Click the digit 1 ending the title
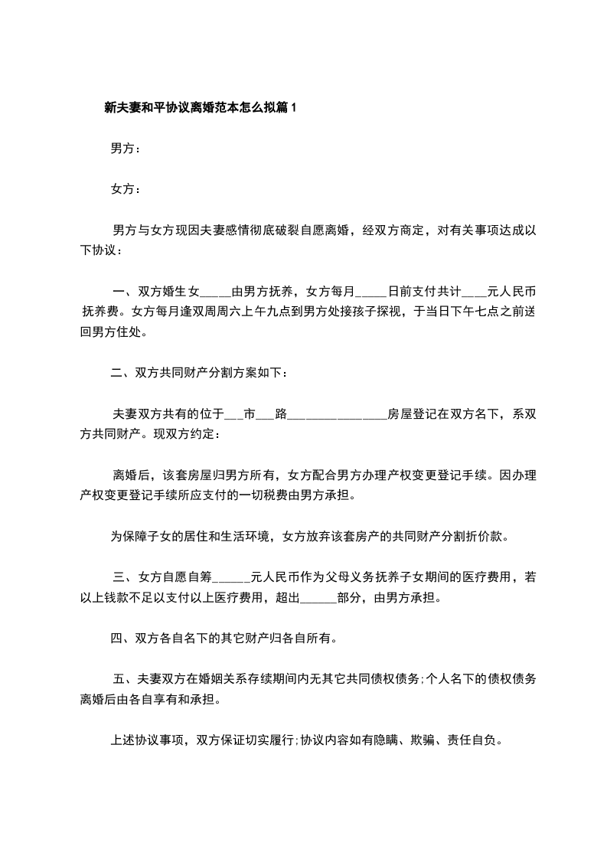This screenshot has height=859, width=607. pos(292,109)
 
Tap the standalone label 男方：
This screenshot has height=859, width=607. pos(126,149)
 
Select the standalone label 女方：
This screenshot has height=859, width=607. pos(126,188)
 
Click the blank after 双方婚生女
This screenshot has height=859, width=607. pos(215,293)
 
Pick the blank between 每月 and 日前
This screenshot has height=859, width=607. pos(372,293)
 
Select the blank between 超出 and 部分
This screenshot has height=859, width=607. pos(319,596)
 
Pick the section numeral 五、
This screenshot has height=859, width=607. pos(124,678)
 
